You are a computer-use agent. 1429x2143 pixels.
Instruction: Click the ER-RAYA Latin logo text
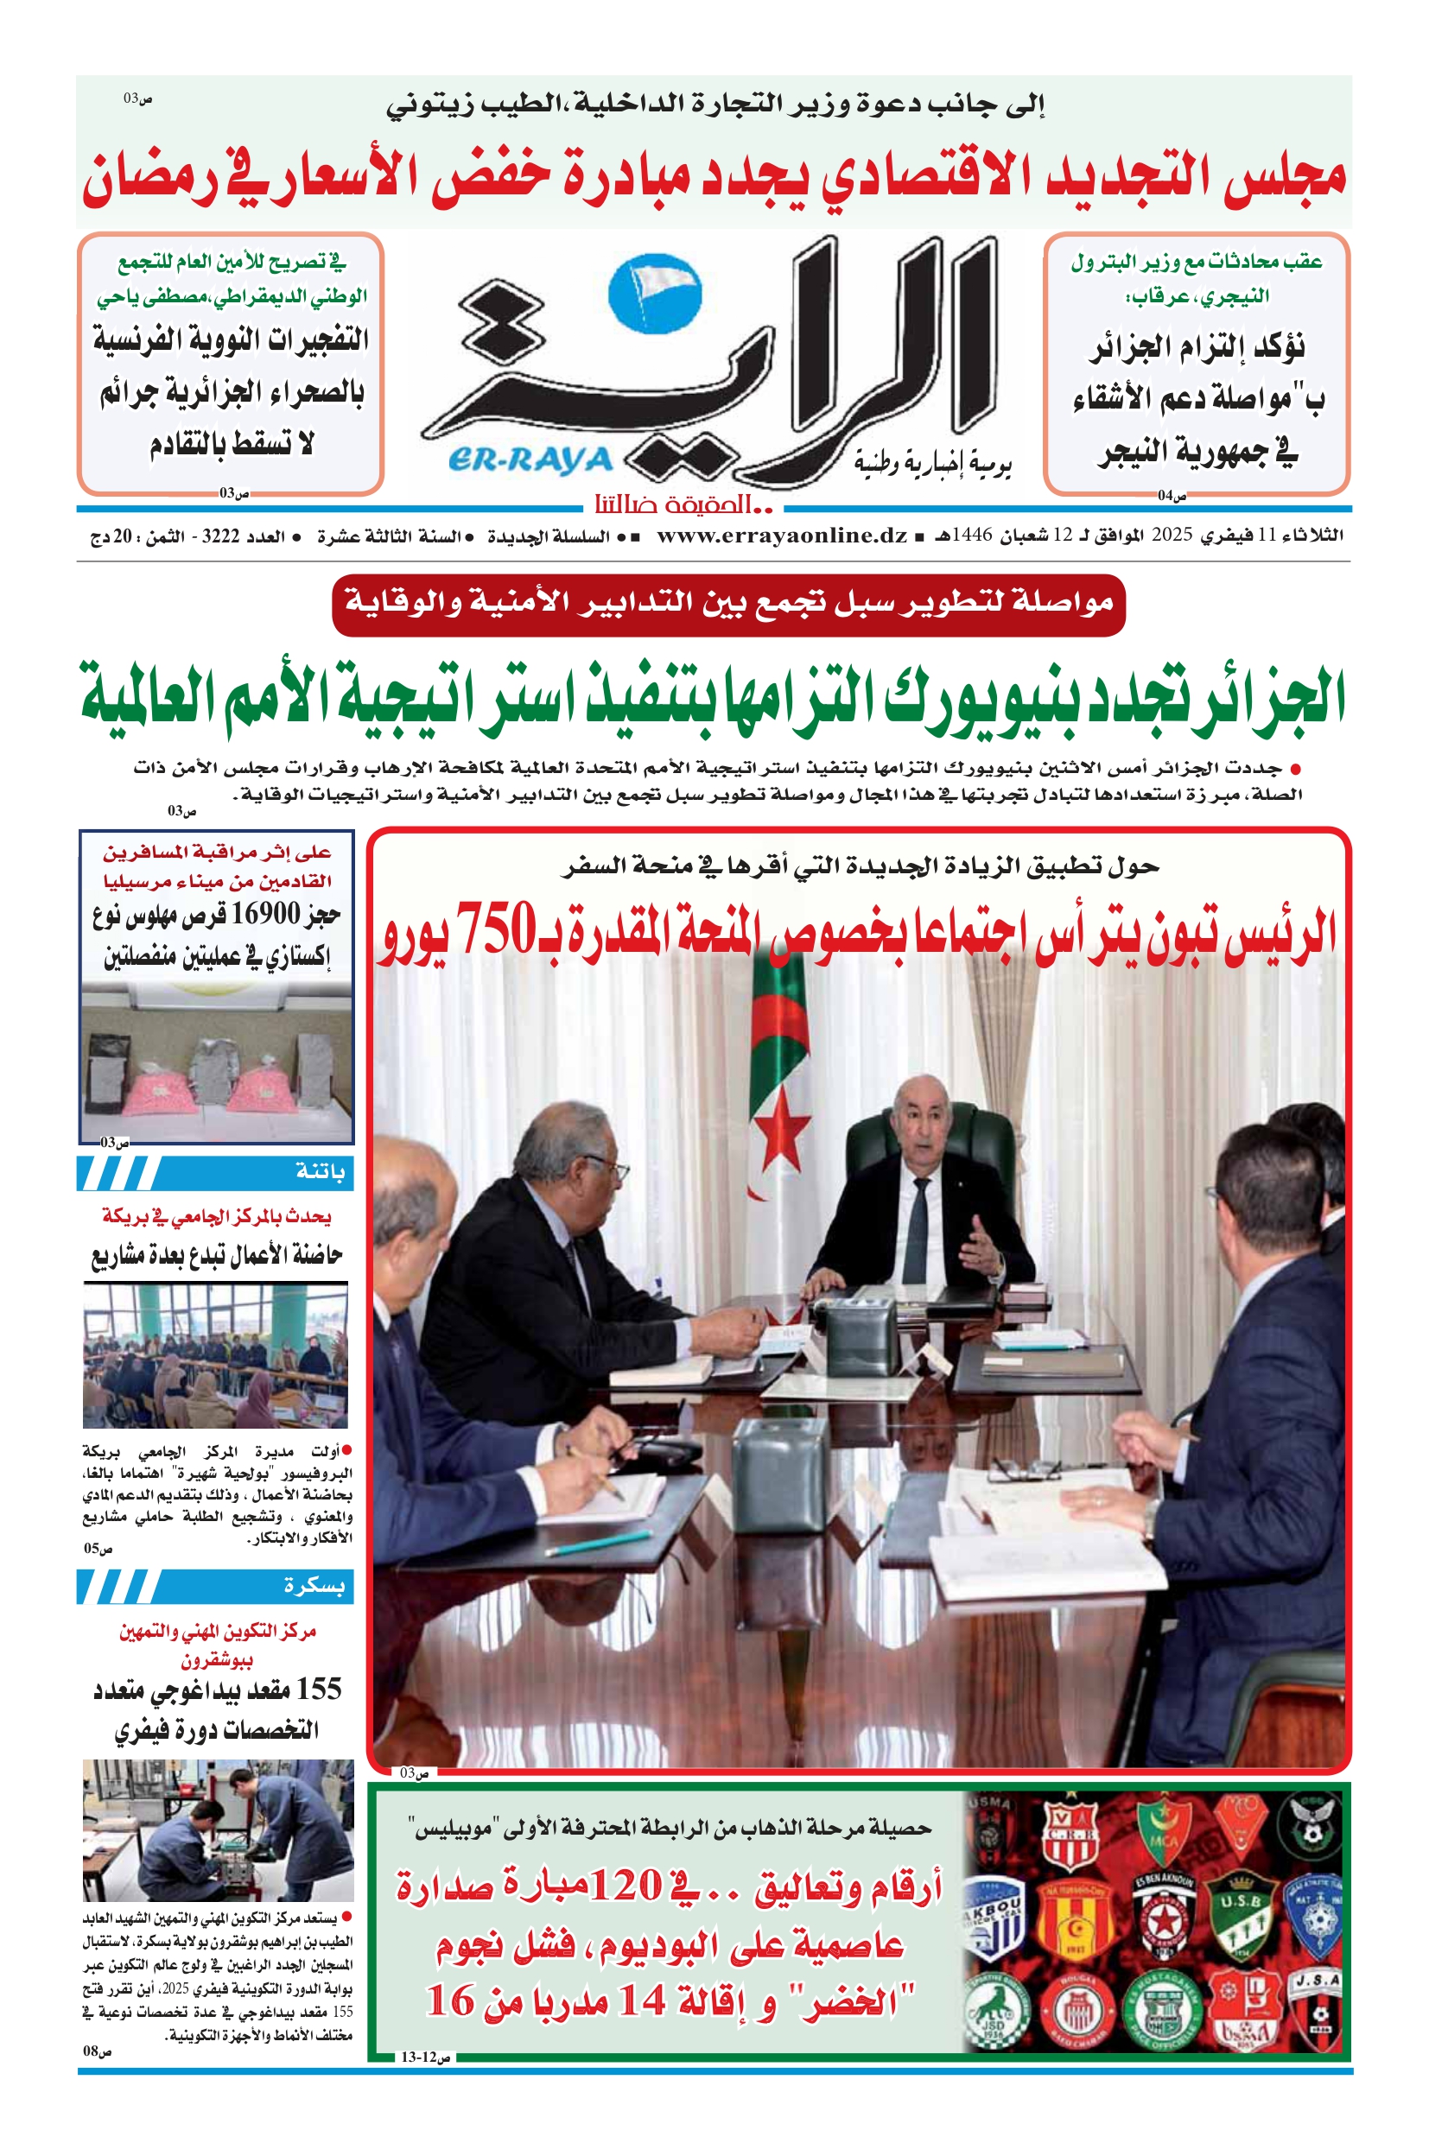pos(530,460)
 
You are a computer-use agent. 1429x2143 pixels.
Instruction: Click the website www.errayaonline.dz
pos(781,536)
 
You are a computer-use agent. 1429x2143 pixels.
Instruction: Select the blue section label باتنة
pos(320,1172)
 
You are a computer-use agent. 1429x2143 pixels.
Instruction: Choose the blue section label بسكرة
pos(314,1585)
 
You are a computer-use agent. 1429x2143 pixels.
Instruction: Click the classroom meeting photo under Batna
pos(216,1356)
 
